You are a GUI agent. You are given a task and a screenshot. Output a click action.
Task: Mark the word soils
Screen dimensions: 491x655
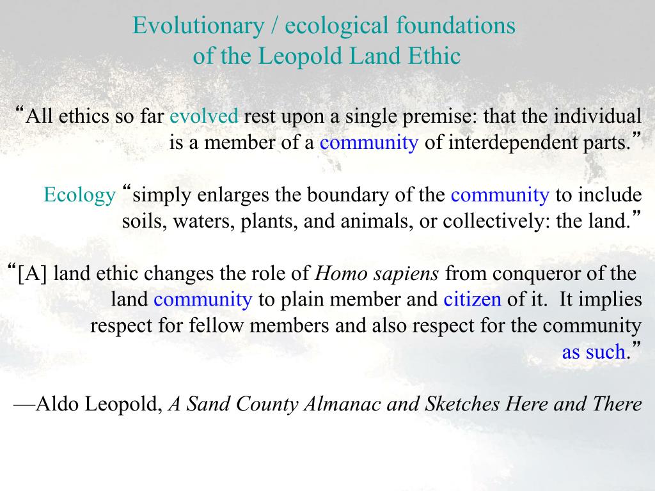coord(141,221)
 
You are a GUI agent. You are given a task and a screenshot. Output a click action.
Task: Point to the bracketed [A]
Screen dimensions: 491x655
coord(33,274)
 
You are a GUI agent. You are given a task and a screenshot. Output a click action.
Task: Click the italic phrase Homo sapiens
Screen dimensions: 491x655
coord(378,274)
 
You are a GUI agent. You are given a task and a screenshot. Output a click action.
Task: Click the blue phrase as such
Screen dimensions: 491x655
coord(593,352)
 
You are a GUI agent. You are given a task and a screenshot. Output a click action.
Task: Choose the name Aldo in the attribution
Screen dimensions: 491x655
coord(58,404)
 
